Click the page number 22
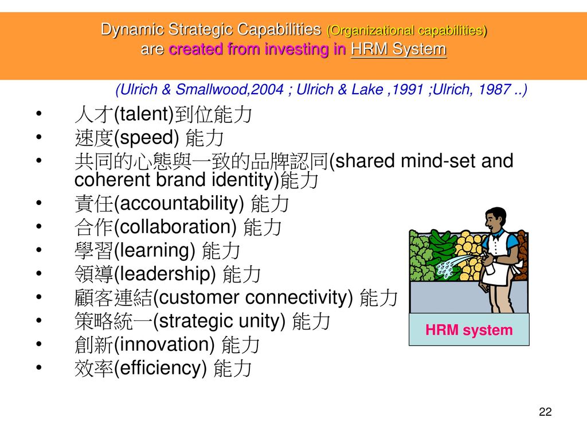(x=545, y=412)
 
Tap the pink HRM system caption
(x=469, y=330)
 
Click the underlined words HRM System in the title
(x=398, y=49)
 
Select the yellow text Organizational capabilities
(x=406, y=30)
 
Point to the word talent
(x=143, y=114)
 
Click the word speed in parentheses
(x=146, y=138)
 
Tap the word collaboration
(x=175, y=226)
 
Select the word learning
(x=154, y=250)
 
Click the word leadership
(x=165, y=274)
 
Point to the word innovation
(x=164, y=345)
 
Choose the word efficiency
(x=161, y=368)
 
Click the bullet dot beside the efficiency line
(x=39, y=367)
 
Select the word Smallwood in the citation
(x=211, y=89)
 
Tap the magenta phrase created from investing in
(x=257, y=49)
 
